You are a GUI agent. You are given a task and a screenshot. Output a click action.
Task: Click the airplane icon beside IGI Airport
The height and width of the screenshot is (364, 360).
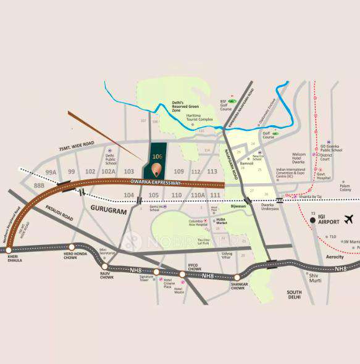click(x=349, y=219)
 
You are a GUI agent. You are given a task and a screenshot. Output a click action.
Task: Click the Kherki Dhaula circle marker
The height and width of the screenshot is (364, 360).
click(x=9, y=250)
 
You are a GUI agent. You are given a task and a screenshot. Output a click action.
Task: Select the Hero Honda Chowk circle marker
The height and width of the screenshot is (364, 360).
click(x=72, y=247)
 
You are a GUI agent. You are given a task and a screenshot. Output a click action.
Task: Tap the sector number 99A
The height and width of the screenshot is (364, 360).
click(x=51, y=172)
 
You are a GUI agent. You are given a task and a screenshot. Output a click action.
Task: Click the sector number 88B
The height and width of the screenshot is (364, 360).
click(x=40, y=185)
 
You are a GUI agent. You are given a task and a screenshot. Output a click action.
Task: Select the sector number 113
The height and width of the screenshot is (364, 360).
click(x=212, y=172)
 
